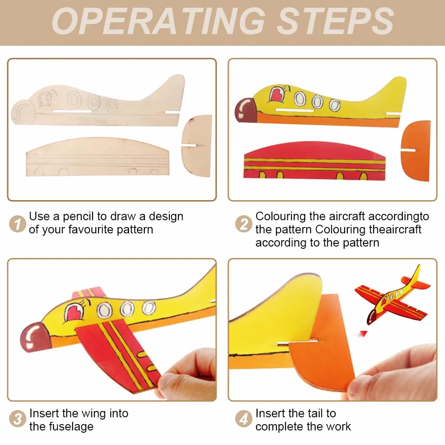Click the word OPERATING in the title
tap(158, 21)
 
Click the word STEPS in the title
tap(335, 21)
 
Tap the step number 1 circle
tap(18, 224)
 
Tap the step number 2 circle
tap(244, 224)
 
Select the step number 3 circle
tap(18, 419)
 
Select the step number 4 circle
tap(244, 419)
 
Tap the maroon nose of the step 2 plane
tap(245, 110)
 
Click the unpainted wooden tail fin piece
tap(197, 146)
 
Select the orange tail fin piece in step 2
tap(416, 150)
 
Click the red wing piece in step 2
tap(314, 161)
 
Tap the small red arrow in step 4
tap(363, 334)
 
